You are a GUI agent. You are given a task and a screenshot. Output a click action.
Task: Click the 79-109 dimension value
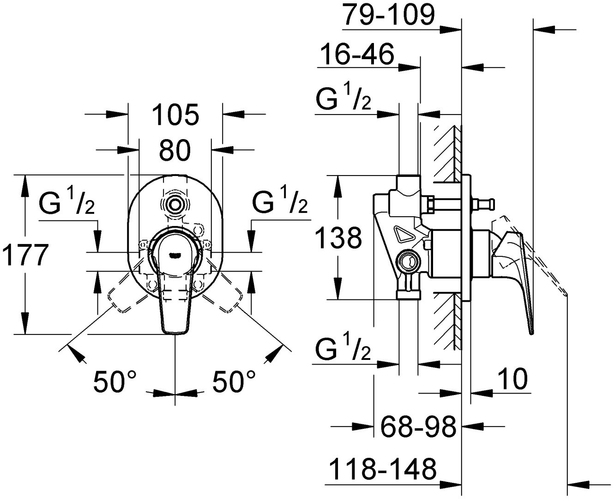390,15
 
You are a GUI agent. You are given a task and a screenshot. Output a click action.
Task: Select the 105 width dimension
175,115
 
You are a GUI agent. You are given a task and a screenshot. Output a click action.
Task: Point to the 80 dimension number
175,150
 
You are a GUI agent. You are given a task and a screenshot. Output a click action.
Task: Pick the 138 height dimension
338,237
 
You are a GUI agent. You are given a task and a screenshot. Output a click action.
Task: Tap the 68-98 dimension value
418,426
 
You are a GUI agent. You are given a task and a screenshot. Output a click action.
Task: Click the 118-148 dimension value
383,469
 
